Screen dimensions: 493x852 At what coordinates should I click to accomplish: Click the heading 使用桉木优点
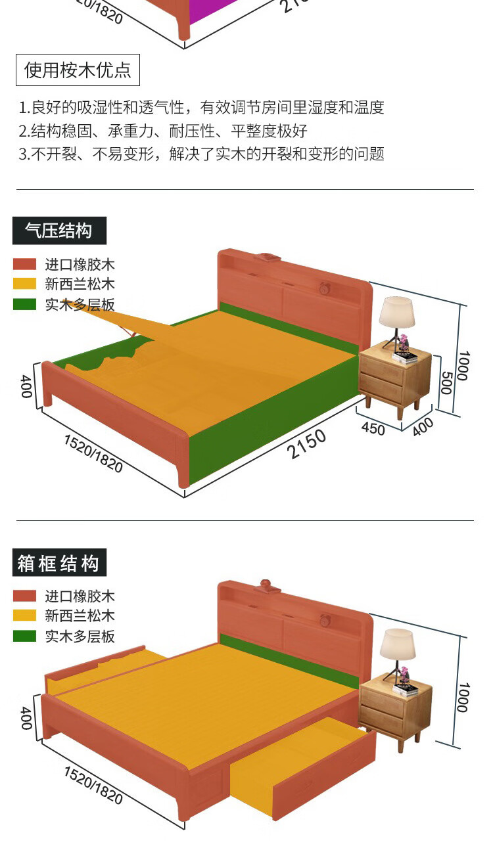tap(78, 70)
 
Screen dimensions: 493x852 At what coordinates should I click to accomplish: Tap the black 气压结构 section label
tap(59, 231)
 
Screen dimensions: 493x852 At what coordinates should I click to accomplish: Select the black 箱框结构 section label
tap(59, 563)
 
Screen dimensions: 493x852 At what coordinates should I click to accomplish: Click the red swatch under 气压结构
tap(24, 264)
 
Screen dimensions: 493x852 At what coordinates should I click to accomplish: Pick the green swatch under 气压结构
tap(24, 304)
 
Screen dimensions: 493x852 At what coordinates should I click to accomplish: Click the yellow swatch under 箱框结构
tap(24, 616)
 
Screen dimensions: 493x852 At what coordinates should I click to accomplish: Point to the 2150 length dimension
tap(306, 445)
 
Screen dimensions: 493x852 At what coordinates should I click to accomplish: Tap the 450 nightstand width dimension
tap(373, 428)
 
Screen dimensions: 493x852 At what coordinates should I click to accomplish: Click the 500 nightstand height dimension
tap(444, 382)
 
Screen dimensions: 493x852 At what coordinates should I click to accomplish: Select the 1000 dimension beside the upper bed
tap(463, 365)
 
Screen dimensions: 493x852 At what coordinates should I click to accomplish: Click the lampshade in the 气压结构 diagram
tap(396, 313)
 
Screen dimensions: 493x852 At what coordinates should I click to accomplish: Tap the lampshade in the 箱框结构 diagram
tap(398, 644)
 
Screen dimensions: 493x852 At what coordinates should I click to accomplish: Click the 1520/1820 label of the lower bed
tap(93, 784)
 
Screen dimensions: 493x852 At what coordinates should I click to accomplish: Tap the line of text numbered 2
tap(162, 131)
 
